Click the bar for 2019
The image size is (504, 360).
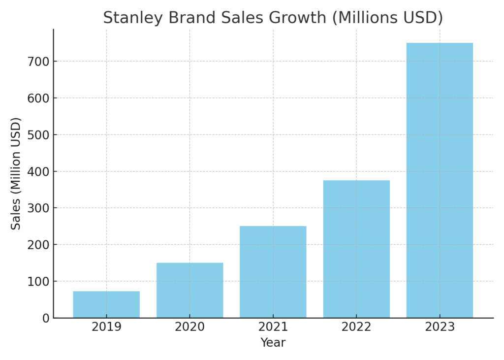(x=106, y=304)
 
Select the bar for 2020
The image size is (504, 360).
(x=189, y=290)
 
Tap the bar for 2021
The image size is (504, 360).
(x=273, y=272)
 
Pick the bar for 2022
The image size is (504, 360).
(x=356, y=249)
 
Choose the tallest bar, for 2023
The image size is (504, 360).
(x=440, y=180)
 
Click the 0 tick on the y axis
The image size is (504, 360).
(x=46, y=318)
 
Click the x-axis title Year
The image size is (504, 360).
(x=273, y=343)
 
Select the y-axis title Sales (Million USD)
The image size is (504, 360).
(x=16, y=173)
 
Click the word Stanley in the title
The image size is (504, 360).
(x=133, y=18)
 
